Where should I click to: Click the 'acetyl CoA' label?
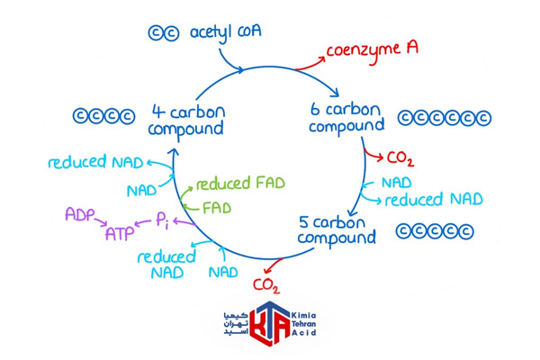click(x=226, y=32)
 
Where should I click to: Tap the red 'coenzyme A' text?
click(x=372, y=50)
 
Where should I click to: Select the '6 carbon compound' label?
click(x=346, y=118)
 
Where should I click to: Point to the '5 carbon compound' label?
click(x=337, y=230)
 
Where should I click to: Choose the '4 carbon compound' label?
click(x=186, y=121)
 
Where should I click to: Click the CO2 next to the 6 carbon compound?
click(x=400, y=158)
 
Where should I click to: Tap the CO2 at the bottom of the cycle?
click(x=265, y=285)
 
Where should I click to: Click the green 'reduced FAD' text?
click(x=240, y=183)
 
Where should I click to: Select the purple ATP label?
click(x=119, y=234)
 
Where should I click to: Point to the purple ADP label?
click(x=80, y=214)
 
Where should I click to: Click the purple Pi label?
click(x=163, y=220)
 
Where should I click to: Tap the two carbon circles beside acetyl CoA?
click(x=164, y=33)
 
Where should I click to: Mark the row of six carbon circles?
click(x=445, y=118)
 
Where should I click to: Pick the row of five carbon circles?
click(x=435, y=231)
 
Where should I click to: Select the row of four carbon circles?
click(x=103, y=116)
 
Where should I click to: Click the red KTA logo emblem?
click(x=270, y=323)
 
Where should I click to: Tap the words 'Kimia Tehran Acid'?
click(x=304, y=324)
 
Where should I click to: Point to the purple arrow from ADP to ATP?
click(x=101, y=222)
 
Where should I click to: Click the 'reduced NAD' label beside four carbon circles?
click(x=95, y=162)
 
